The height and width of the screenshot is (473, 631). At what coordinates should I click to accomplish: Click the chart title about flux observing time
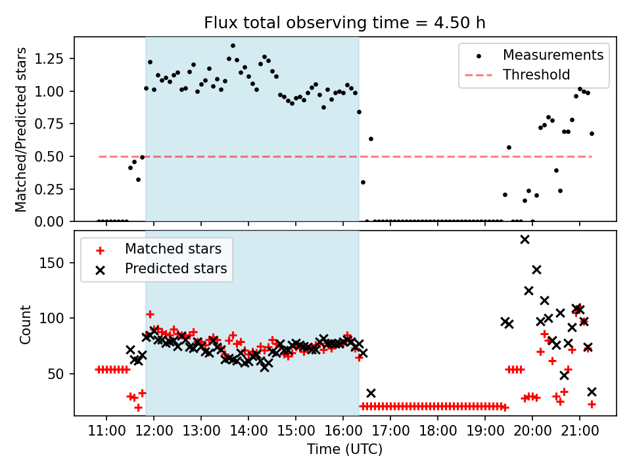point(345,23)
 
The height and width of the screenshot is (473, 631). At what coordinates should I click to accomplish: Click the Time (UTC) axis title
point(345,450)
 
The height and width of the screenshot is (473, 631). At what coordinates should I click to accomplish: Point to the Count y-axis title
point(25,324)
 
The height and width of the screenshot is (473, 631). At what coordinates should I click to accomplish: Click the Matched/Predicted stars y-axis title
point(21,129)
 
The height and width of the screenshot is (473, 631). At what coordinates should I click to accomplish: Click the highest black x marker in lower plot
point(525,239)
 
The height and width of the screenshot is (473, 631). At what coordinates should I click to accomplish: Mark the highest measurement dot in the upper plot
point(233,46)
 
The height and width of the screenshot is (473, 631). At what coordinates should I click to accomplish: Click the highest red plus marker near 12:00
point(150,314)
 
